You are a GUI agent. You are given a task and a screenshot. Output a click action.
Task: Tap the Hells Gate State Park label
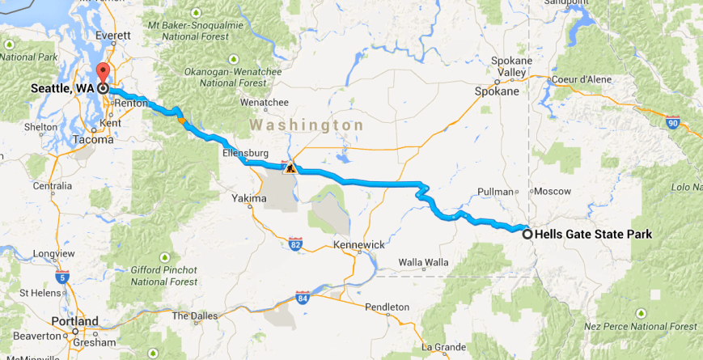click(593, 235)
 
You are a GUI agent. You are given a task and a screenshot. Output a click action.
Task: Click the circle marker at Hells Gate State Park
click(527, 234)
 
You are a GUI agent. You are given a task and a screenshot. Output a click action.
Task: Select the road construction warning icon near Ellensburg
click(289, 168)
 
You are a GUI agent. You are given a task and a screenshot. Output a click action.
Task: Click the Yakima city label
click(248, 198)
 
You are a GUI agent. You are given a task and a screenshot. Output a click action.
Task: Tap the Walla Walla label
click(423, 262)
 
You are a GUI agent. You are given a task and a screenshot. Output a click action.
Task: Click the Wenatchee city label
click(265, 103)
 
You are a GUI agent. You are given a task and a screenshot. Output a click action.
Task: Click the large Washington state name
click(307, 125)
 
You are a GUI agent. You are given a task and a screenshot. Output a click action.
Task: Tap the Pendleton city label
click(387, 307)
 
